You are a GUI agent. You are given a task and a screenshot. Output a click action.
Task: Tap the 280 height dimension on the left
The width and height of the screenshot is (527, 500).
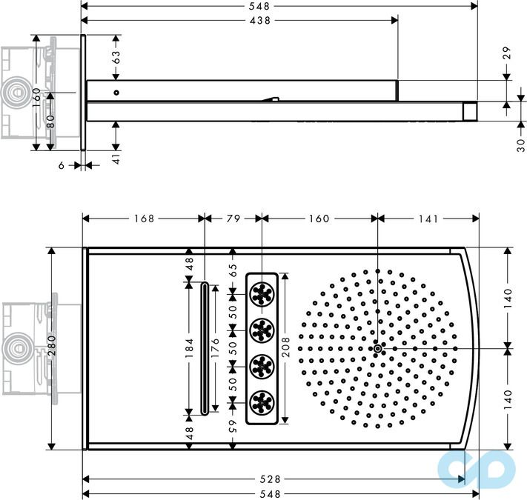[51, 348]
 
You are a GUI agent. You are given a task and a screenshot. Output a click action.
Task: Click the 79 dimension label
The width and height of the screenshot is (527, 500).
[233, 219]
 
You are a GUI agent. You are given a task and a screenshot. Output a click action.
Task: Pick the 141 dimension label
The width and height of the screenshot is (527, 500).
[428, 219]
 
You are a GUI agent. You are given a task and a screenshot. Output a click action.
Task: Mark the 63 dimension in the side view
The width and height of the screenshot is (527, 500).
[116, 56]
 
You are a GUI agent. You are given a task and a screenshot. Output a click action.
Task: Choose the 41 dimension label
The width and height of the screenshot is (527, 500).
[116, 158]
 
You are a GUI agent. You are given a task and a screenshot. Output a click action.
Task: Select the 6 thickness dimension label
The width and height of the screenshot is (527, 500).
[62, 166]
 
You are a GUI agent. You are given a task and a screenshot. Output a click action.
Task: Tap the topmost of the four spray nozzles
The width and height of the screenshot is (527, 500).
[262, 294]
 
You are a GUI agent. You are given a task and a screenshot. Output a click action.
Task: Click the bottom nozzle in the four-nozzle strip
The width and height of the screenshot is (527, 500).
[262, 402]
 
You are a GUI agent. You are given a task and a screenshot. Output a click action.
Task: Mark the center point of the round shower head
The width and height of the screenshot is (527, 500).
[377, 348]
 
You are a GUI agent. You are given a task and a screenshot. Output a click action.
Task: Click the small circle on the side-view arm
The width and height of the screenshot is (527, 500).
[116, 93]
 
